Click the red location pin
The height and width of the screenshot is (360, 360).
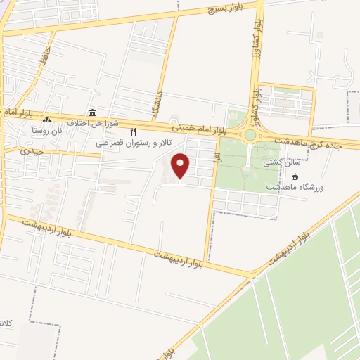[x=181, y=165]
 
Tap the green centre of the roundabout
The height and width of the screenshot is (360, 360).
[x=250, y=135]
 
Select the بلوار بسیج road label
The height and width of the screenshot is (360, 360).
[x=224, y=8]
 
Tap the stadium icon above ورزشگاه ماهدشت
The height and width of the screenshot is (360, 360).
[x=295, y=176]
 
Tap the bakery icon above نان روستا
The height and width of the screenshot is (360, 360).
[x=47, y=120]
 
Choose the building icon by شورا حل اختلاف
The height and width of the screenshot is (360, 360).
[x=92, y=112]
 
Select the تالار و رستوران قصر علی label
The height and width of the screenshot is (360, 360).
[x=136, y=141]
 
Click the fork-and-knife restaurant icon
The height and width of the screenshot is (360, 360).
[x=132, y=131]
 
